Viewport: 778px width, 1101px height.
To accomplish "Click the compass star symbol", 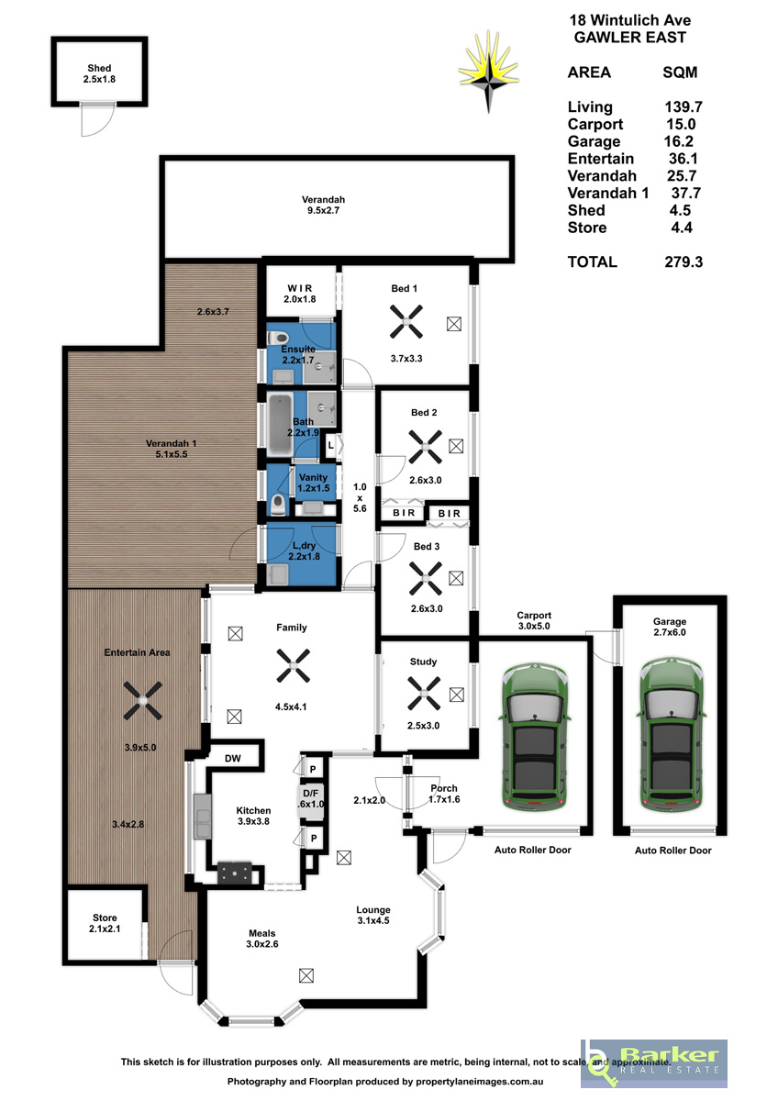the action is coord(488,72).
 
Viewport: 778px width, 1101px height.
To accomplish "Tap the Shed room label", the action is coord(99,73).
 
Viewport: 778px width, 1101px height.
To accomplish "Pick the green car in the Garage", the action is coord(672,736).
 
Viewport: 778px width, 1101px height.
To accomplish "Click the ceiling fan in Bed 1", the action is coord(406,322).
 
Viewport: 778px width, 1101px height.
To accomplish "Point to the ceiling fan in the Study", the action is coord(424,694).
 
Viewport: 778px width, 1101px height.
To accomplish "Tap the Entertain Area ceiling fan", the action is coord(142,700).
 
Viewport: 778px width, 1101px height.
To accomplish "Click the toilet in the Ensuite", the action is coord(278,338).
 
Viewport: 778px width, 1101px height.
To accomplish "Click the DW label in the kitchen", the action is coord(232,759).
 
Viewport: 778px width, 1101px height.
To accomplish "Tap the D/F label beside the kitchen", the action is coord(311,794).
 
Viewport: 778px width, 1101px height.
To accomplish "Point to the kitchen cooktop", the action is coord(235,873).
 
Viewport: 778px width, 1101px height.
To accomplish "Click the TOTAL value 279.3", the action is coord(684,262).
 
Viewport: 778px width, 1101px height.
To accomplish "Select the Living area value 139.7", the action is coord(684,106).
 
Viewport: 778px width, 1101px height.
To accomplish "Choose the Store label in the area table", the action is coord(587,228).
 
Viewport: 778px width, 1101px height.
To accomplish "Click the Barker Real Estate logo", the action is coord(653,1063).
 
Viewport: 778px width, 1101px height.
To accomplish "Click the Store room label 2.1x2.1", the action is coord(105,923).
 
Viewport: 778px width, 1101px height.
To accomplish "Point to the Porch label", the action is coord(444,788).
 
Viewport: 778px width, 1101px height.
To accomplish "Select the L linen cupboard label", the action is coord(331,445).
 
